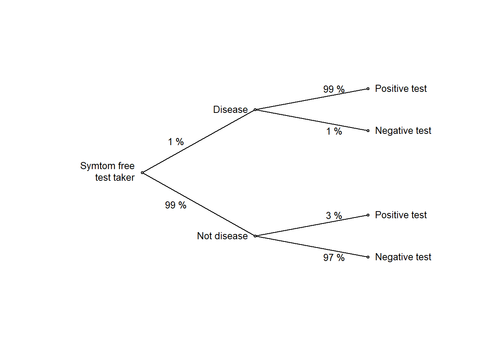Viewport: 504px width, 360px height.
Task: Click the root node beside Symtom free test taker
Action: (x=142, y=172)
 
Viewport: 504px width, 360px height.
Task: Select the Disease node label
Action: (x=230, y=109)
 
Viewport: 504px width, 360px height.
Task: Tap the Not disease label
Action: (x=222, y=236)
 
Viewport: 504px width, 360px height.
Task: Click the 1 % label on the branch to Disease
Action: (x=176, y=142)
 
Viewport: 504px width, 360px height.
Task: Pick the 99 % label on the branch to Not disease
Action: (x=175, y=205)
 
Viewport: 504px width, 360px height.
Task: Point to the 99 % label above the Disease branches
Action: (x=334, y=89)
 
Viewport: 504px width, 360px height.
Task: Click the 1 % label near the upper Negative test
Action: (x=334, y=131)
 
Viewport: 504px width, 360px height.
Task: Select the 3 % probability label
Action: (x=334, y=216)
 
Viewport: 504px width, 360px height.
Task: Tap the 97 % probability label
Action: (x=334, y=258)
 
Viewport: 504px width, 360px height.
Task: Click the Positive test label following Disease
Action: (x=401, y=88)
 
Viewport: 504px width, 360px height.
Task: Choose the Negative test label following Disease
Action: (x=403, y=130)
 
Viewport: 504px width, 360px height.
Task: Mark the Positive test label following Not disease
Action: (x=401, y=215)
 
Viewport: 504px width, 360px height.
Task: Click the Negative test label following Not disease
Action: (x=403, y=257)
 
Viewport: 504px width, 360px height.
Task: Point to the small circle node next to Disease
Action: (x=255, y=109)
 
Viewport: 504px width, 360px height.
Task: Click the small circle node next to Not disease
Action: (x=255, y=236)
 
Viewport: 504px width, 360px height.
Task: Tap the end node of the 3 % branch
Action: (x=368, y=215)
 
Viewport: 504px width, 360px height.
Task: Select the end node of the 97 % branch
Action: (x=368, y=257)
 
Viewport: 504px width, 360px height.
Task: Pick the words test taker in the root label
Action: (x=115, y=177)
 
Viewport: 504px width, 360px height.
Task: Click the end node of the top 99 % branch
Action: (x=368, y=88)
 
